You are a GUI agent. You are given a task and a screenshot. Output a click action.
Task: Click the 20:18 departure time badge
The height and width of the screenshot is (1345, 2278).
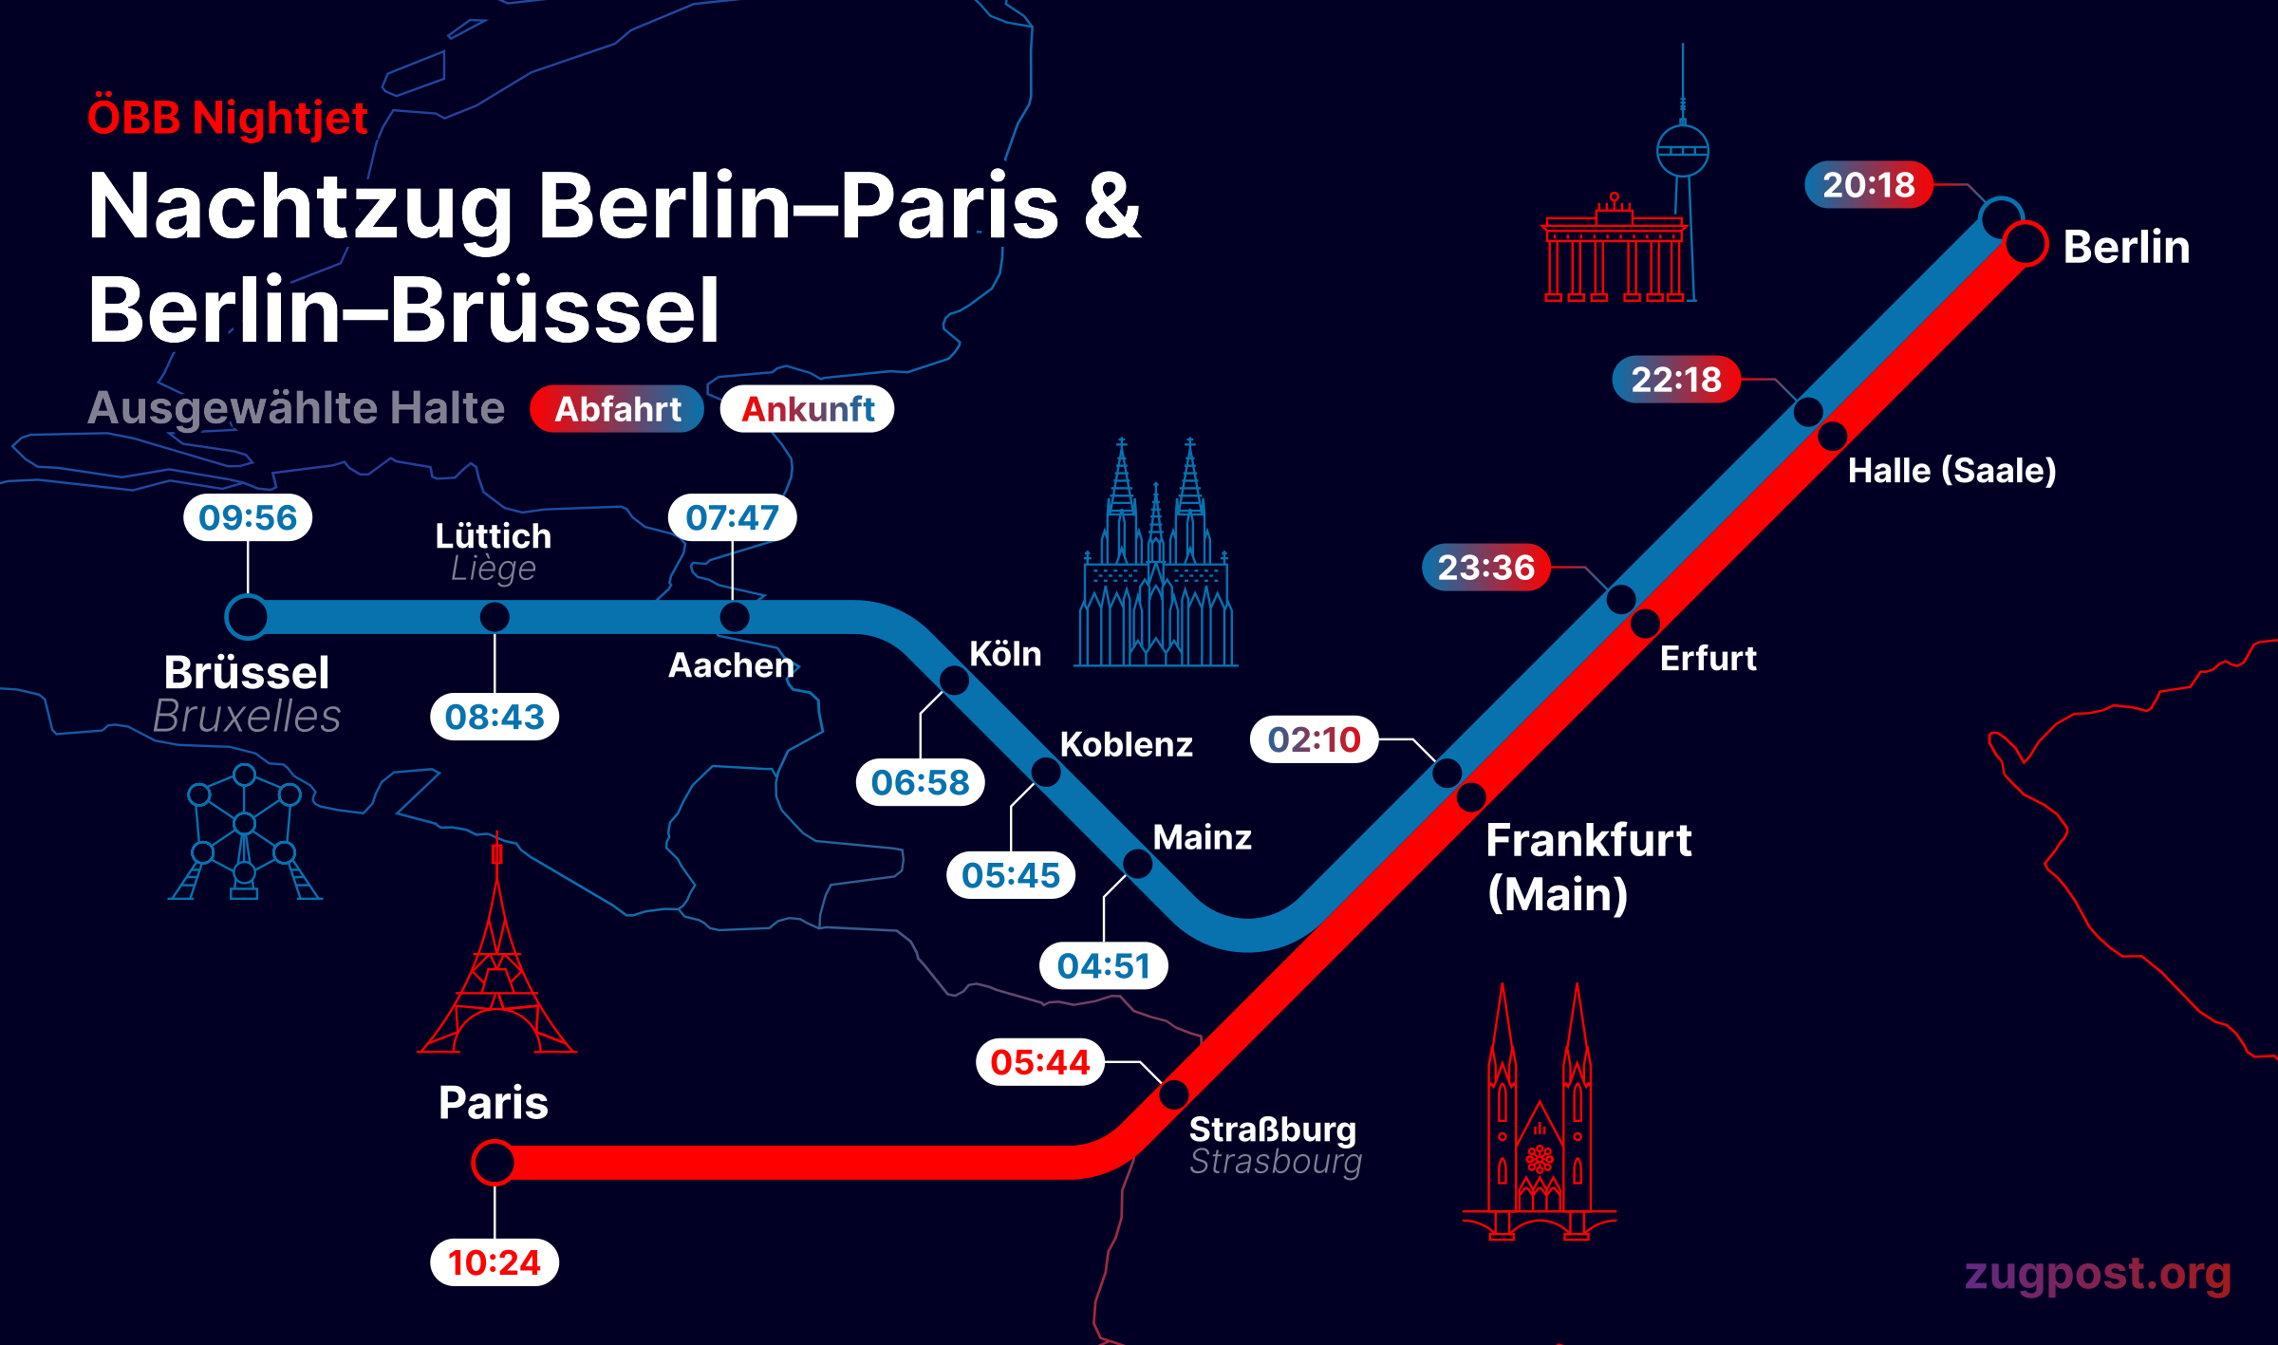click(1868, 185)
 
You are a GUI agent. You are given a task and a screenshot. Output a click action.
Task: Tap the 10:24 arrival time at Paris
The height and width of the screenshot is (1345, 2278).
click(494, 1262)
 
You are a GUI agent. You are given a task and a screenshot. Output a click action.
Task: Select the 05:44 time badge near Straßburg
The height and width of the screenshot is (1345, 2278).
click(1039, 1062)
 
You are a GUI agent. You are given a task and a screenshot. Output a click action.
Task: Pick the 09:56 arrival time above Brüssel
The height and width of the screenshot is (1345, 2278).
click(248, 517)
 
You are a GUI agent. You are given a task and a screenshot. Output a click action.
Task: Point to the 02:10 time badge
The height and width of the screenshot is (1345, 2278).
click(1314, 739)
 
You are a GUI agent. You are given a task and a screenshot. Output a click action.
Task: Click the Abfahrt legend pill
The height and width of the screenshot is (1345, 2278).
click(617, 409)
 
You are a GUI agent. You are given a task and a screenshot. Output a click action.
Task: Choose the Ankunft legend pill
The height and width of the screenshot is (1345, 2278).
click(807, 409)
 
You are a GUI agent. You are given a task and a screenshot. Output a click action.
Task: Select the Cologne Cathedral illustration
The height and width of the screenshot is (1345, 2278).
click(1156, 560)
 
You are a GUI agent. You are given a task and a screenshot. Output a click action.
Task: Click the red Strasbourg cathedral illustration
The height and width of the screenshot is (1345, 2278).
click(1540, 1120)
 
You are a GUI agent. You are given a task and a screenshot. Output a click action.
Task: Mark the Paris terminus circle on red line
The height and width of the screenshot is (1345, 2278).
click(494, 1163)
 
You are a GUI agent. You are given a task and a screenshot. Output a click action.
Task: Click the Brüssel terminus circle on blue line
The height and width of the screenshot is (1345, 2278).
click(247, 617)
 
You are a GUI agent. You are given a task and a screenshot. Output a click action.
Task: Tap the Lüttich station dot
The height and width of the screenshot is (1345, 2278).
click(495, 617)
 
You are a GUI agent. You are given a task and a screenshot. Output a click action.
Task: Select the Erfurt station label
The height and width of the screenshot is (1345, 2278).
click(1708, 659)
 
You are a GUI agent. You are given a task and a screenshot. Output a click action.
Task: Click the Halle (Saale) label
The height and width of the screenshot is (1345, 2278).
click(1951, 471)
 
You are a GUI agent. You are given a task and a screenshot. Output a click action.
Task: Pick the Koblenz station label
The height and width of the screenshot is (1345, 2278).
click(1126, 745)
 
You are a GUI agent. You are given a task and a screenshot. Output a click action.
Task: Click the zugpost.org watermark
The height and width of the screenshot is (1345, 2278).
click(2098, 1274)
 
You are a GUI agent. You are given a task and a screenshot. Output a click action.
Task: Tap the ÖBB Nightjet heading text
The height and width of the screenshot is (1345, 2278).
click(228, 119)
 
